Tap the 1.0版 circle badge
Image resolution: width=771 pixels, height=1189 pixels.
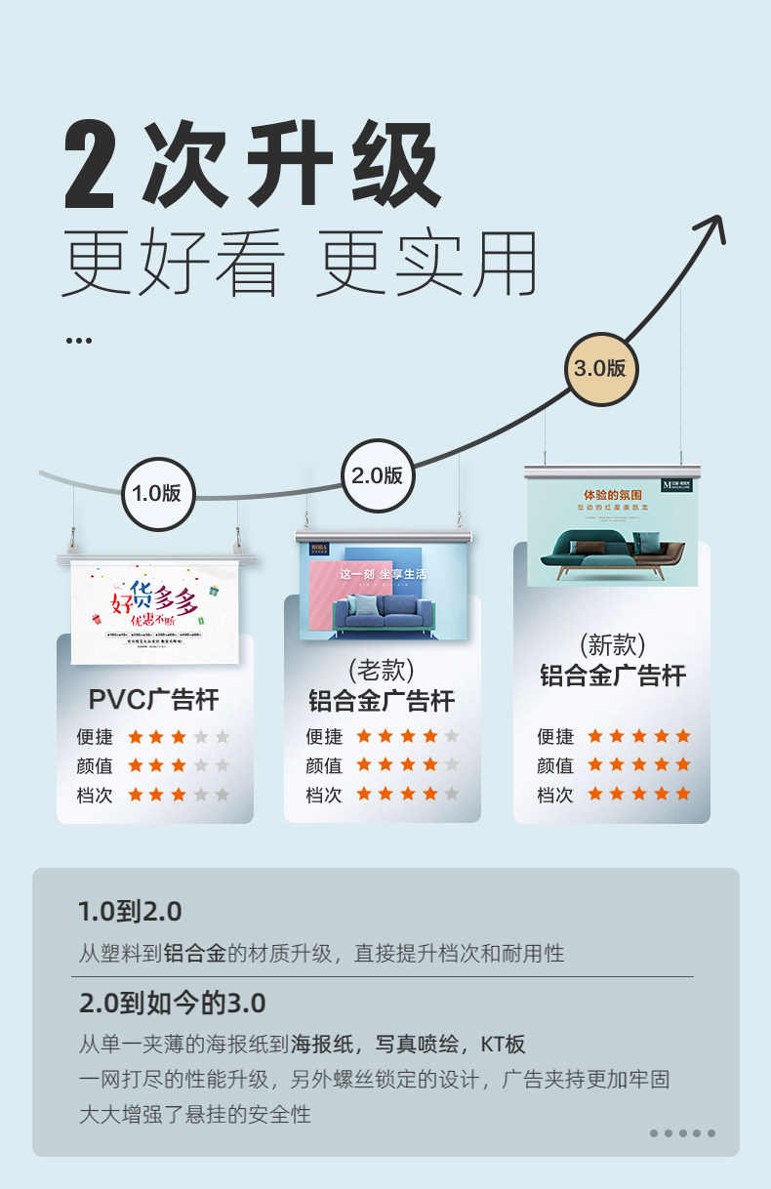tap(157, 493)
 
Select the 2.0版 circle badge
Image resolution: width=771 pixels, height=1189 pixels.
tap(377, 475)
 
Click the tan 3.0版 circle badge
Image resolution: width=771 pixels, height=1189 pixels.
tap(599, 368)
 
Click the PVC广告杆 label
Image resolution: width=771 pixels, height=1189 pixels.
tap(154, 699)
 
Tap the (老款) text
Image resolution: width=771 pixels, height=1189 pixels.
tap(382, 671)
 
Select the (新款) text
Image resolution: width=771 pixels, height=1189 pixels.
tap(612, 645)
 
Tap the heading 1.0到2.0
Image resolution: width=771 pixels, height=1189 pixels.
tap(130, 912)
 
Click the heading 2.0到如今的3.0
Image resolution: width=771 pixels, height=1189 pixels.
tap(172, 1003)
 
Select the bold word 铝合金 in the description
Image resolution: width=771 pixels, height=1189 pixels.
tap(194, 953)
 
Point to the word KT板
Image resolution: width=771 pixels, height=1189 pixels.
tap(503, 1045)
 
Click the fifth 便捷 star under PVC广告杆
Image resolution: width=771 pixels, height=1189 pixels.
tap(223, 736)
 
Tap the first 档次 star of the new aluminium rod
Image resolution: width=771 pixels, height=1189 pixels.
tap(593, 794)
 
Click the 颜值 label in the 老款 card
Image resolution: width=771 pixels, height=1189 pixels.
tap(324, 765)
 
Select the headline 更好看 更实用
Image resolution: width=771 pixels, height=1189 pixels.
tap(300, 264)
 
